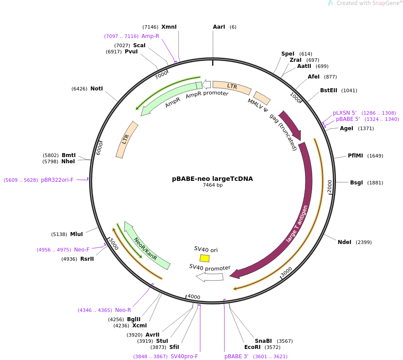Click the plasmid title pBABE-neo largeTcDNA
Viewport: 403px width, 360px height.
pyautogui.click(x=213, y=179)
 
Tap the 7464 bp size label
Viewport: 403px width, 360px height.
pyautogui.click(x=213, y=185)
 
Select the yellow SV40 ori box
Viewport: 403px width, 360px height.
pyautogui.click(x=204, y=258)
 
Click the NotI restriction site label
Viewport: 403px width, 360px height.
pyautogui.click(x=97, y=89)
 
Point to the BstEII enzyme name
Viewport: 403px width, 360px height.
pyautogui.click(x=328, y=90)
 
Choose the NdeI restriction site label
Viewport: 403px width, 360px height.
pyautogui.click(x=345, y=242)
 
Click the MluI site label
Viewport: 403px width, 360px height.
pyautogui.click(x=76, y=234)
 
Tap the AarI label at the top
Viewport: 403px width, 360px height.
pyautogui.click(x=219, y=27)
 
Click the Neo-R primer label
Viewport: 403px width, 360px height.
pyautogui.click(x=123, y=310)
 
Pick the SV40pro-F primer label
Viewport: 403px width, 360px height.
pyautogui.click(x=184, y=356)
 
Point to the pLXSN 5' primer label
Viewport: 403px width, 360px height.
pyautogui.click(x=345, y=113)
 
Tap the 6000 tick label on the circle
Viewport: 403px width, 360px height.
pyautogui.click(x=100, y=148)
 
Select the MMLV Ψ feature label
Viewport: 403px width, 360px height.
pyautogui.click(x=257, y=105)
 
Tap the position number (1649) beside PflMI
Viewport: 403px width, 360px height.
pyautogui.click(x=375, y=156)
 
